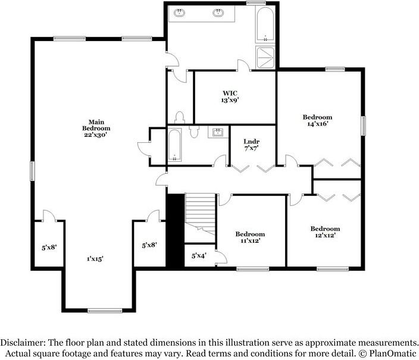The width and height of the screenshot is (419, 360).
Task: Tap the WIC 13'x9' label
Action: pos(231,96)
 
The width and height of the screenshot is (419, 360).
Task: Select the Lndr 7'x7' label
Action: pos(251,145)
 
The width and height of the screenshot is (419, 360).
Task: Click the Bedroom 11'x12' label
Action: pos(249,237)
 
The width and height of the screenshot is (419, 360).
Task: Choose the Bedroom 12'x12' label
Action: pos(325,232)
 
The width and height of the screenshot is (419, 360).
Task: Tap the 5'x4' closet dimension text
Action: pos(198,256)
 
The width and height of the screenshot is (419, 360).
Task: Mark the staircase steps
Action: pos(198,212)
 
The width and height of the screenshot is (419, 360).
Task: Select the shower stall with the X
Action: pos(265,57)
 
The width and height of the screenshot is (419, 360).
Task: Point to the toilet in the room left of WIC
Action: pos(180,116)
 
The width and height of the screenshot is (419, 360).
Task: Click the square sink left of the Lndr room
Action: pos(217,132)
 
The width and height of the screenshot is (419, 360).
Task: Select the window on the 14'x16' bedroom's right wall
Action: pos(362,126)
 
